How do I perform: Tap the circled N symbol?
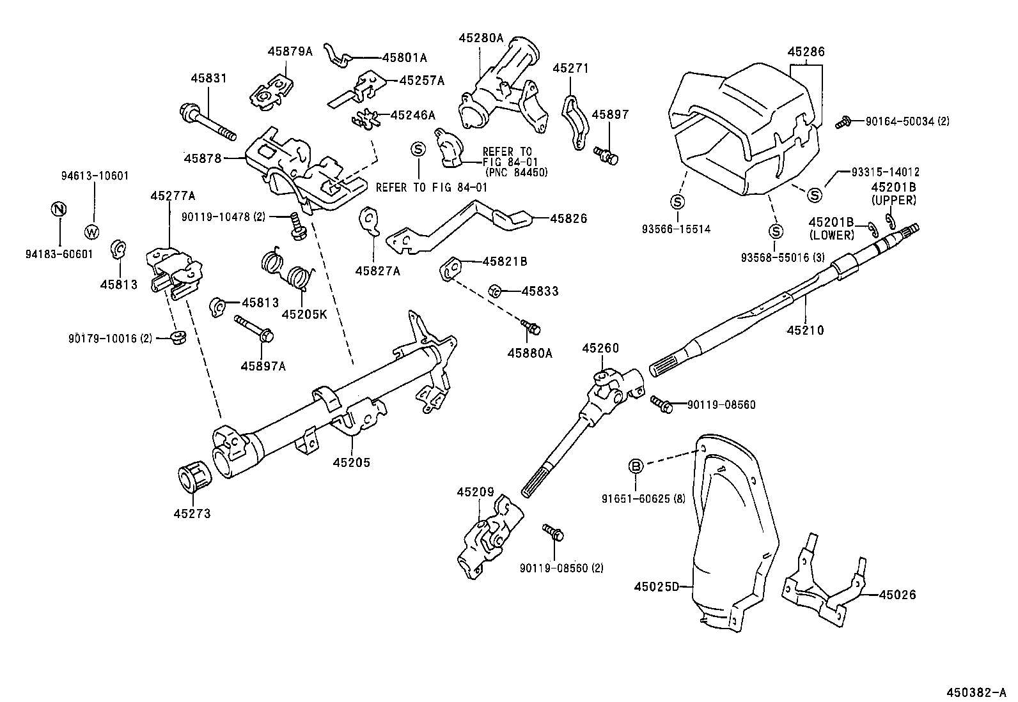58,209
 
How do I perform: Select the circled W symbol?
92,231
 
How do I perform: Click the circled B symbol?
636,466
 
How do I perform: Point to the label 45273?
191,513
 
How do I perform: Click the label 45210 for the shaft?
805,330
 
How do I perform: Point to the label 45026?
897,595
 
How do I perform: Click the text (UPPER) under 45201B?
894,200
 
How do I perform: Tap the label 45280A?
481,38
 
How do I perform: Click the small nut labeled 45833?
494,291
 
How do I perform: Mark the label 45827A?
377,271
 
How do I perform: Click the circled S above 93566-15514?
677,202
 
